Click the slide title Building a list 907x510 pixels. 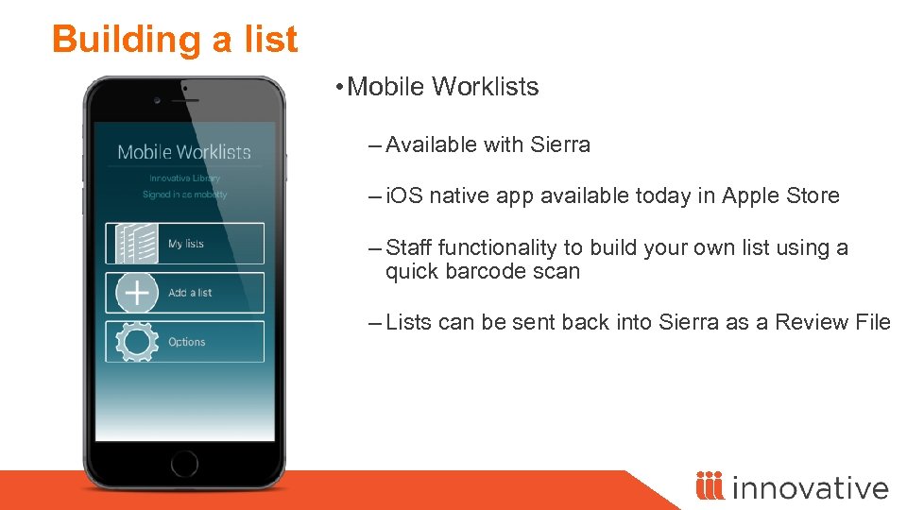[x=175, y=40]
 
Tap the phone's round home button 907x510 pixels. [x=184, y=464]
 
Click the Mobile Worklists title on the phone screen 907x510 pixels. [x=184, y=152]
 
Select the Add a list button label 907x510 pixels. [x=190, y=293]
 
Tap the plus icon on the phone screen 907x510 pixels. [x=136, y=293]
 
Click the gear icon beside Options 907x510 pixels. [x=136, y=342]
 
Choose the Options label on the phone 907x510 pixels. [x=187, y=342]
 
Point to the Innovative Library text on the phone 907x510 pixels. [x=184, y=178]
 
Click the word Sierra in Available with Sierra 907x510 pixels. [x=560, y=144]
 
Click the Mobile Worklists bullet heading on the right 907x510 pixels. [x=443, y=87]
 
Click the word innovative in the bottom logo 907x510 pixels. [x=810, y=487]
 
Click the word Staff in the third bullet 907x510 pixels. [x=409, y=247]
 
